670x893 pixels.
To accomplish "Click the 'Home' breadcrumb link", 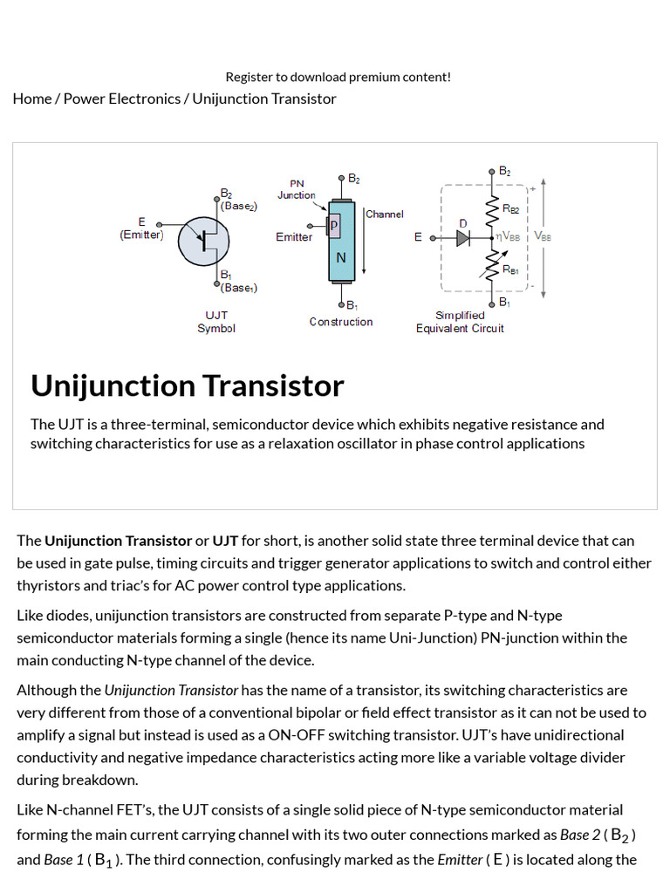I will click(32, 99).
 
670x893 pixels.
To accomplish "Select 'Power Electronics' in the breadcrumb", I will click(122, 99).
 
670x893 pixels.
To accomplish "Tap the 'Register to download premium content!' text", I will click(338, 77).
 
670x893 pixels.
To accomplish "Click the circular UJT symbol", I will click(203, 240).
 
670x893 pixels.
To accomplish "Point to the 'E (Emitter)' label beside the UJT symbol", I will click(141, 228).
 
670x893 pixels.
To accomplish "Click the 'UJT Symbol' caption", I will click(215, 322).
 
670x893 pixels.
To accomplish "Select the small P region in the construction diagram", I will click(334, 226).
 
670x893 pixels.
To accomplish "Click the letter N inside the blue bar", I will click(341, 257).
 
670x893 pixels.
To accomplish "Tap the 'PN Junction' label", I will click(297, 189).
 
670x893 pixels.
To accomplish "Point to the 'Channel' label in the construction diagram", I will click(385, 214).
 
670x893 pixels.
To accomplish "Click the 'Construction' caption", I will click(340, 322).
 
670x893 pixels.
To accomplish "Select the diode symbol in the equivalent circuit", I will click(463, 237).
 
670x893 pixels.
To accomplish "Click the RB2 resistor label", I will click(511, 209).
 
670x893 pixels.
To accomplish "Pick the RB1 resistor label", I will click(511, 270).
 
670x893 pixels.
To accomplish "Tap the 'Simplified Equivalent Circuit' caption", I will click(460, 322).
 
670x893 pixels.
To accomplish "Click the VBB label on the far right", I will click(542, 236).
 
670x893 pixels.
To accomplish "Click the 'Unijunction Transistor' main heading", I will click(188, 385).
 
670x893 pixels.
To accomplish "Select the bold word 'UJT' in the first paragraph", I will click(225, 541).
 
